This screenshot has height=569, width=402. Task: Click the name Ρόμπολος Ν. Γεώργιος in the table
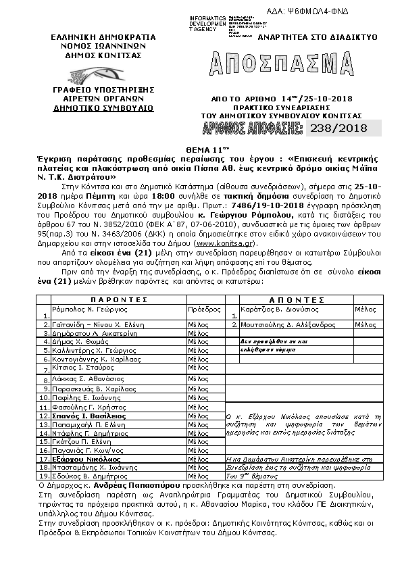(86, 307)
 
